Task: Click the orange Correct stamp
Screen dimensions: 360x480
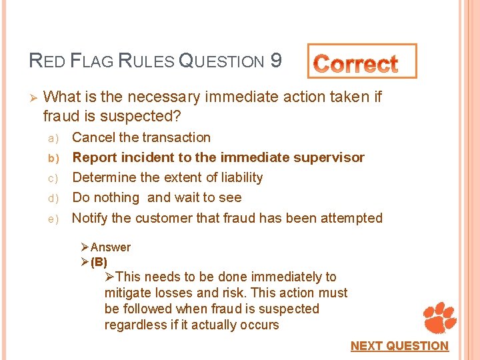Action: [362, 62]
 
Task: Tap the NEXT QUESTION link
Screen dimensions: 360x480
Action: [399, 345]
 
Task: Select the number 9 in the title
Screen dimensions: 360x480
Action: [275, 61]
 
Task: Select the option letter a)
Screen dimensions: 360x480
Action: [53, 138]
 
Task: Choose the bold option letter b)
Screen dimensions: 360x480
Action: [53, 158]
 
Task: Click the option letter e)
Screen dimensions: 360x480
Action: [53, 218]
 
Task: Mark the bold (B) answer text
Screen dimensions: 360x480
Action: [99, 261]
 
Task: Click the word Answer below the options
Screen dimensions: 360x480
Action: [111, 247]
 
